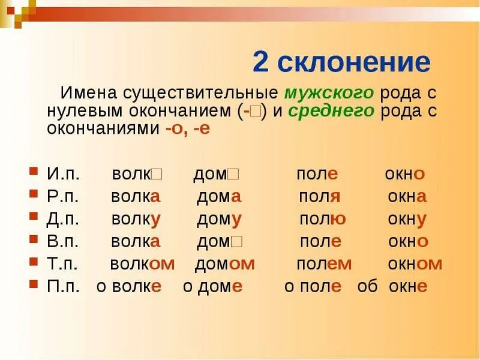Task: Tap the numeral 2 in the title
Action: pos(260,62)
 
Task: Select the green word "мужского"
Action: pos(329,94)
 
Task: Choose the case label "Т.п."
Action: pos(63,264)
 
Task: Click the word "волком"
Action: pos(142,264)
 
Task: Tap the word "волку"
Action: pos(136,219)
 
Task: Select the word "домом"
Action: pos(225,264)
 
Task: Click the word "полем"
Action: pos(324,264)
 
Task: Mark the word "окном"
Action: pos(415,264)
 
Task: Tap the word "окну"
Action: pos(407,219)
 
